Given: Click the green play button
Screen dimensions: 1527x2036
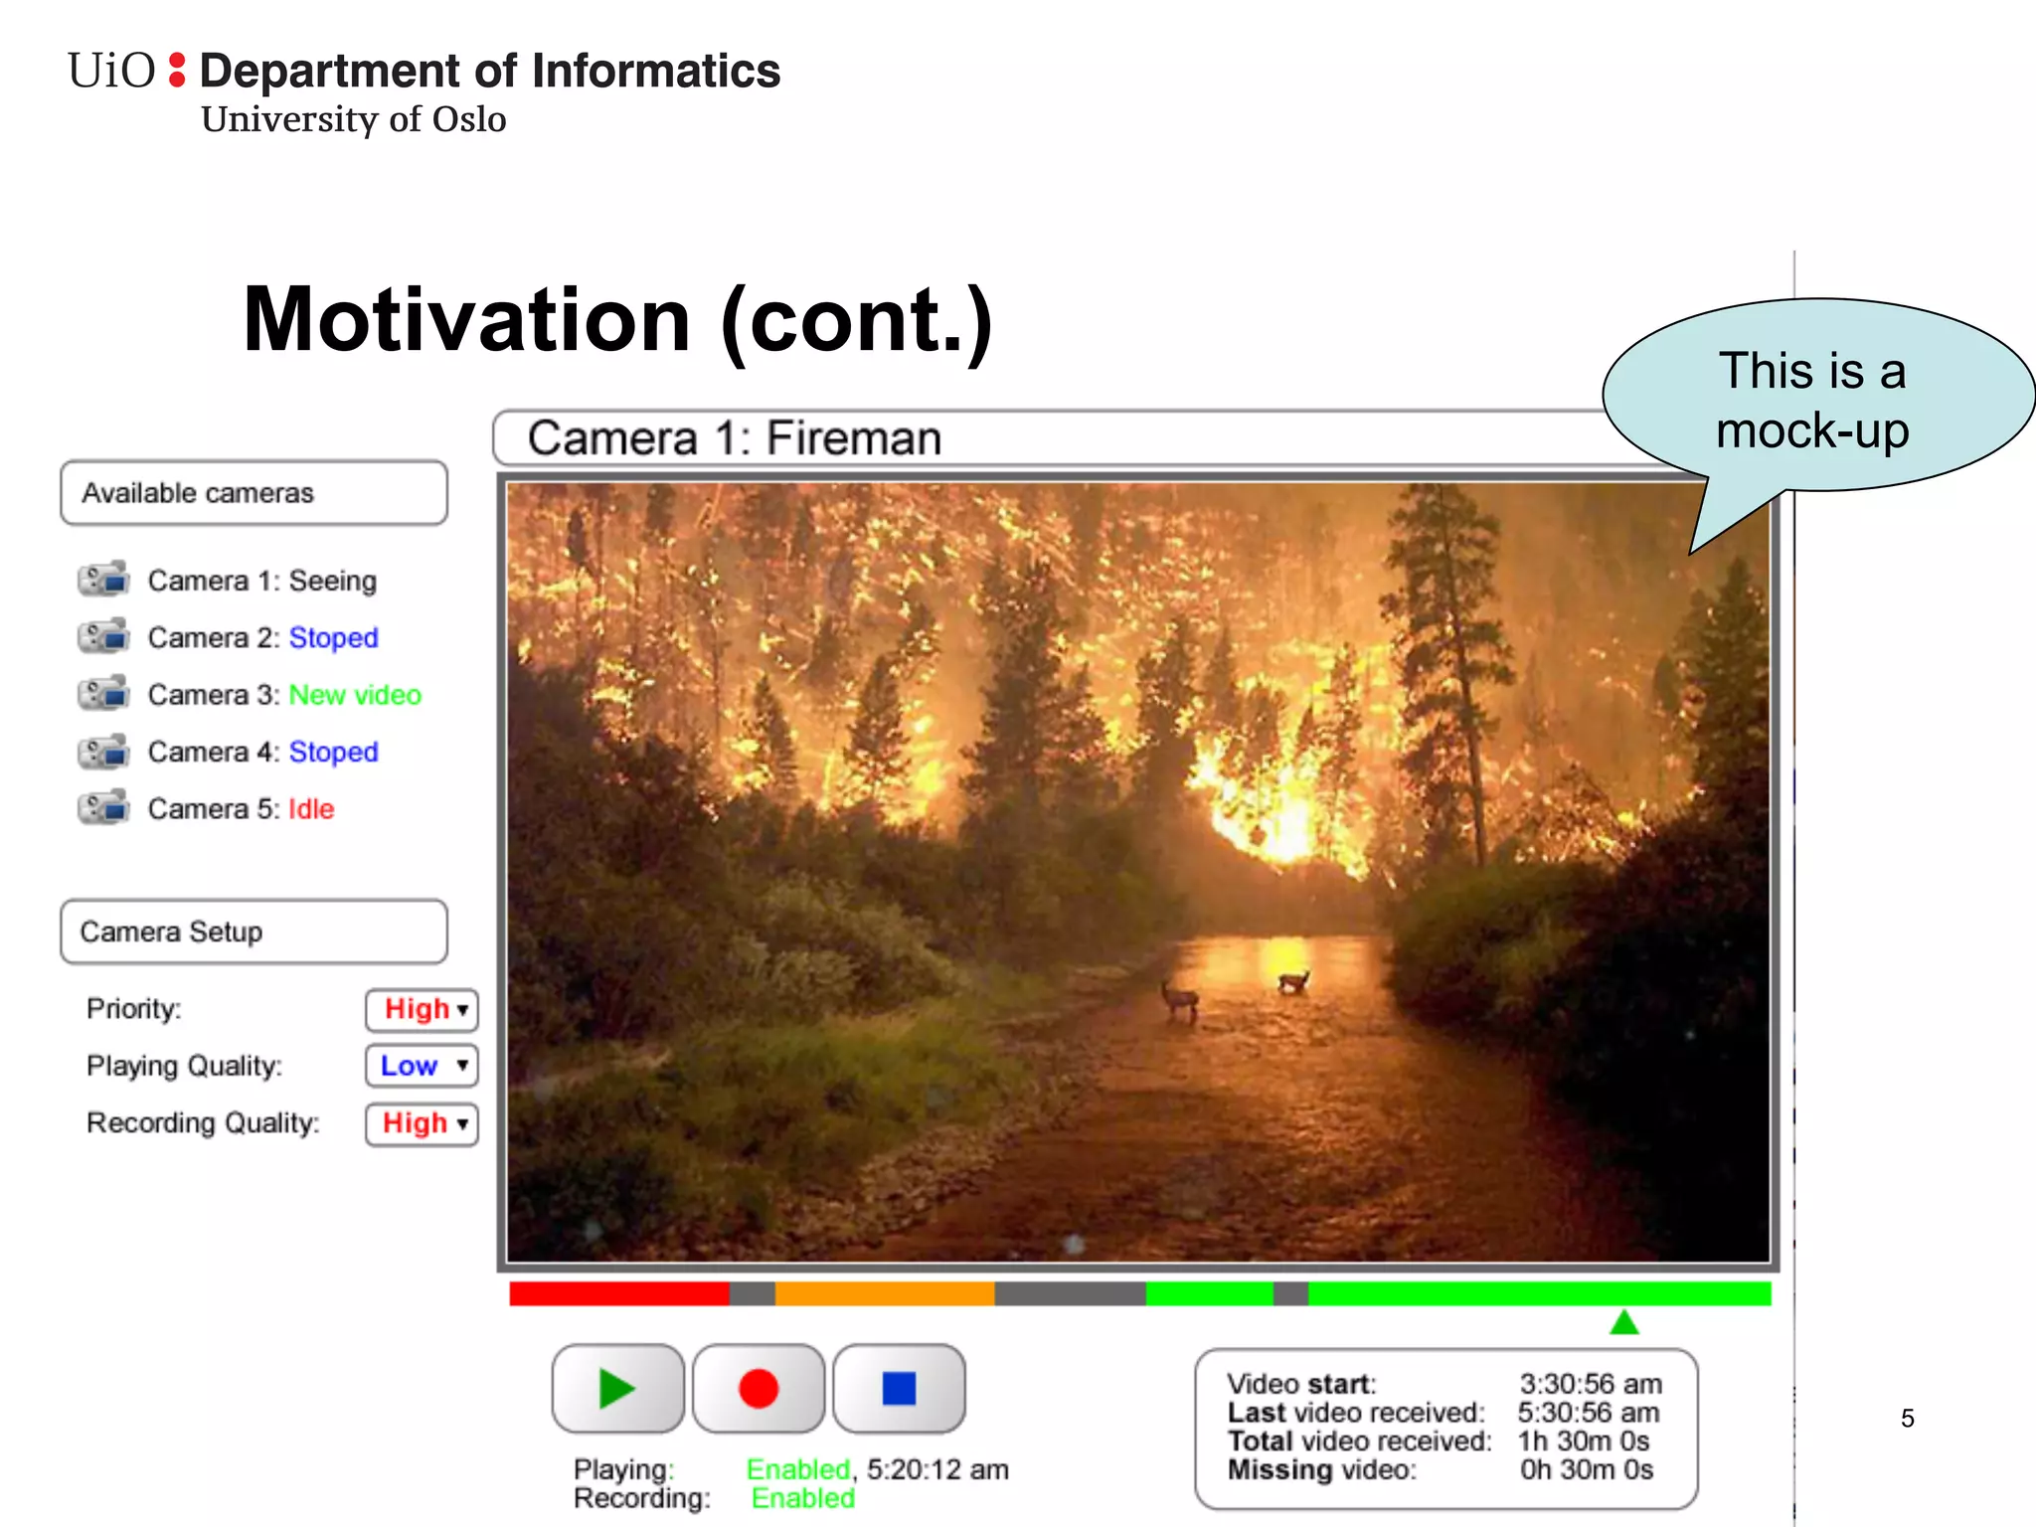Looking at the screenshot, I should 617,1388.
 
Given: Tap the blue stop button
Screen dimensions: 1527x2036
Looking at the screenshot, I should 899,1388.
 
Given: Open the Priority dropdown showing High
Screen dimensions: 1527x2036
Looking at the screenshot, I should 423,1010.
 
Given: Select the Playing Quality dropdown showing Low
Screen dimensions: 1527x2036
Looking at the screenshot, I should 423,1066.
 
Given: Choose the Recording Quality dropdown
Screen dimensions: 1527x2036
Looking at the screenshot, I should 423,1124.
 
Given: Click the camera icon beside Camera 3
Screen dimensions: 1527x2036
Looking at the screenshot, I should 104,694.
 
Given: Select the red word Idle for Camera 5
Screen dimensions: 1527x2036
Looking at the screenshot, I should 311,809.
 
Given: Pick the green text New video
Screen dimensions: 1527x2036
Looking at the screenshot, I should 355,695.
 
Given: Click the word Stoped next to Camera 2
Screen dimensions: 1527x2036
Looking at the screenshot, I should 333,638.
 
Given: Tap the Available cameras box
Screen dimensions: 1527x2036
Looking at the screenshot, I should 254,493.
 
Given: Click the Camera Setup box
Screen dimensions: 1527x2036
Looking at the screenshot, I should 254,933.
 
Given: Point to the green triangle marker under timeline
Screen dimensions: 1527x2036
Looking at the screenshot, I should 1623,1323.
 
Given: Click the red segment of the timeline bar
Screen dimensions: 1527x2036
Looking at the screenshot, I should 618,1293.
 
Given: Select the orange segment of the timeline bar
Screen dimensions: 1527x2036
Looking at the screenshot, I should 884,1293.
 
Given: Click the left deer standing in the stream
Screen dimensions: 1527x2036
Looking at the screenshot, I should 1180,998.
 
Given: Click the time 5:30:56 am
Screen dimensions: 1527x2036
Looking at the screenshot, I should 1588,1413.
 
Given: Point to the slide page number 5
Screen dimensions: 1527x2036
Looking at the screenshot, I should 1907,1419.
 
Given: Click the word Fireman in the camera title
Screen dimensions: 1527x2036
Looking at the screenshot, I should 853,438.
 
